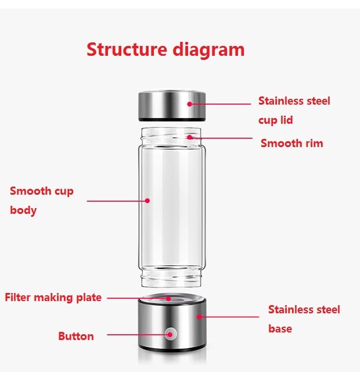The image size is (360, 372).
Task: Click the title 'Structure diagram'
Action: coord(165,49)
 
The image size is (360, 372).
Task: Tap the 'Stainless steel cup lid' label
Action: coord(294,110)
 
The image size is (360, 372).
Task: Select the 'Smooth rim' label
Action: coord(291,143)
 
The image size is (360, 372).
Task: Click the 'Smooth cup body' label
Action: coord(42,200)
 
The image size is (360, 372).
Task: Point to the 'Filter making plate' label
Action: coord(53,298)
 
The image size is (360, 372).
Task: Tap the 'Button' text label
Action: coord(75,336)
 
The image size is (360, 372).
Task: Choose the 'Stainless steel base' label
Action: coord(304,319)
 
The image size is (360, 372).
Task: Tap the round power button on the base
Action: coord(170,334)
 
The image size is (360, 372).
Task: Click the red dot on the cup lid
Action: coord(190,104)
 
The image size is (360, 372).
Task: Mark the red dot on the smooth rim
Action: coord(190,138)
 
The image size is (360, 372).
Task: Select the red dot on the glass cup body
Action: coord(147,201)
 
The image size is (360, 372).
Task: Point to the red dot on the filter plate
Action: coord(169,298)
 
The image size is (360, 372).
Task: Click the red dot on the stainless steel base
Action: coord(199,317)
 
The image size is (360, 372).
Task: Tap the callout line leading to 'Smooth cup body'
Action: coord(116,201)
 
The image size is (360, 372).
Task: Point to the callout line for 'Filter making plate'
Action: coord(136,298)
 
